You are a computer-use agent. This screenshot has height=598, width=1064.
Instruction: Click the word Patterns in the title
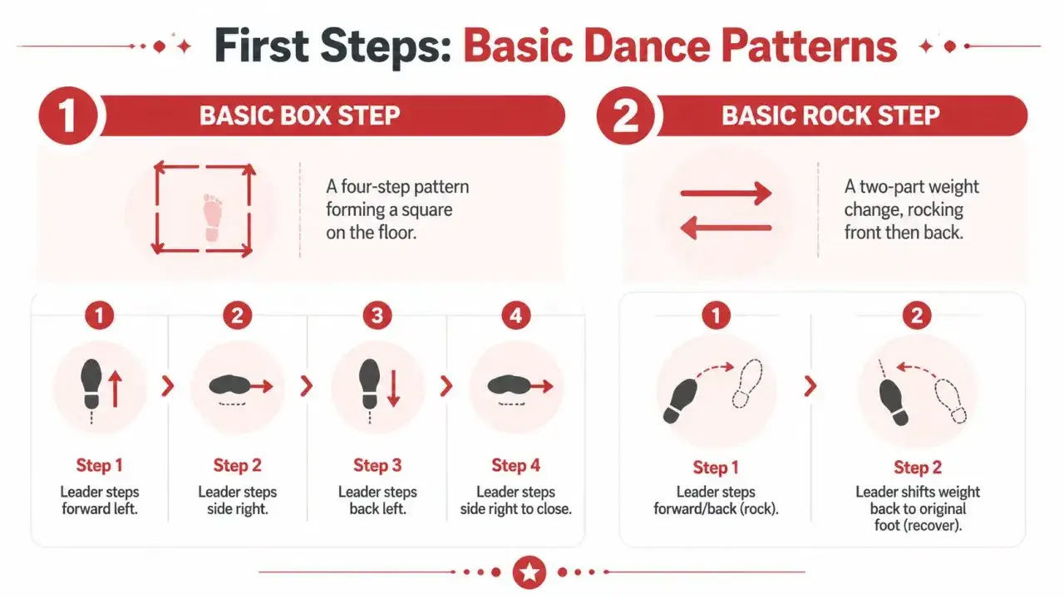coord(809,46)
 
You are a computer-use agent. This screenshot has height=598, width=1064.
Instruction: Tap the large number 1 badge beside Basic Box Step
coord(68,115)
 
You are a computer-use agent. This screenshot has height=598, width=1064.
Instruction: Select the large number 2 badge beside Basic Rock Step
coord(626,115)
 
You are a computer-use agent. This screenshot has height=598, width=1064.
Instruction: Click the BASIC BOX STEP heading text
coord(300,115)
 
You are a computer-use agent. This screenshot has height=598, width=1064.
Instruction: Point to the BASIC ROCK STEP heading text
coord(830,115)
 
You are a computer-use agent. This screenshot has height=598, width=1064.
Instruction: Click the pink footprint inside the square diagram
coord(212,218)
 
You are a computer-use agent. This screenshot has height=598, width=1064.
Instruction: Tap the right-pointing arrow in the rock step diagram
coord(726,194)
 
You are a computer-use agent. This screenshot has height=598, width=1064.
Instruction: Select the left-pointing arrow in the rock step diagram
coord(726,228)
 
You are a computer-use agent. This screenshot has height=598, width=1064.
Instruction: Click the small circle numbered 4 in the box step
coord(516,316)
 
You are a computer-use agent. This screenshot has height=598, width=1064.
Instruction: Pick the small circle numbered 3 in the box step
coord(377,316)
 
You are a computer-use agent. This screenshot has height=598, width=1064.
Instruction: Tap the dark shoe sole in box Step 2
coord(229,385)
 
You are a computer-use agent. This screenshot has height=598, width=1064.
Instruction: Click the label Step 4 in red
coord(516,466)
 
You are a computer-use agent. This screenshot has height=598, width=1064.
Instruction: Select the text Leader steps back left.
coord(377,500)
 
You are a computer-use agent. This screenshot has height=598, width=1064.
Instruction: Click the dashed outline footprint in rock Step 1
coord(747,384)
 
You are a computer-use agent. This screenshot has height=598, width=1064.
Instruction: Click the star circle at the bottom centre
coord(529,572)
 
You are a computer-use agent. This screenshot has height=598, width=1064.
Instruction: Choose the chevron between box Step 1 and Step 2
coord(167,386)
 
